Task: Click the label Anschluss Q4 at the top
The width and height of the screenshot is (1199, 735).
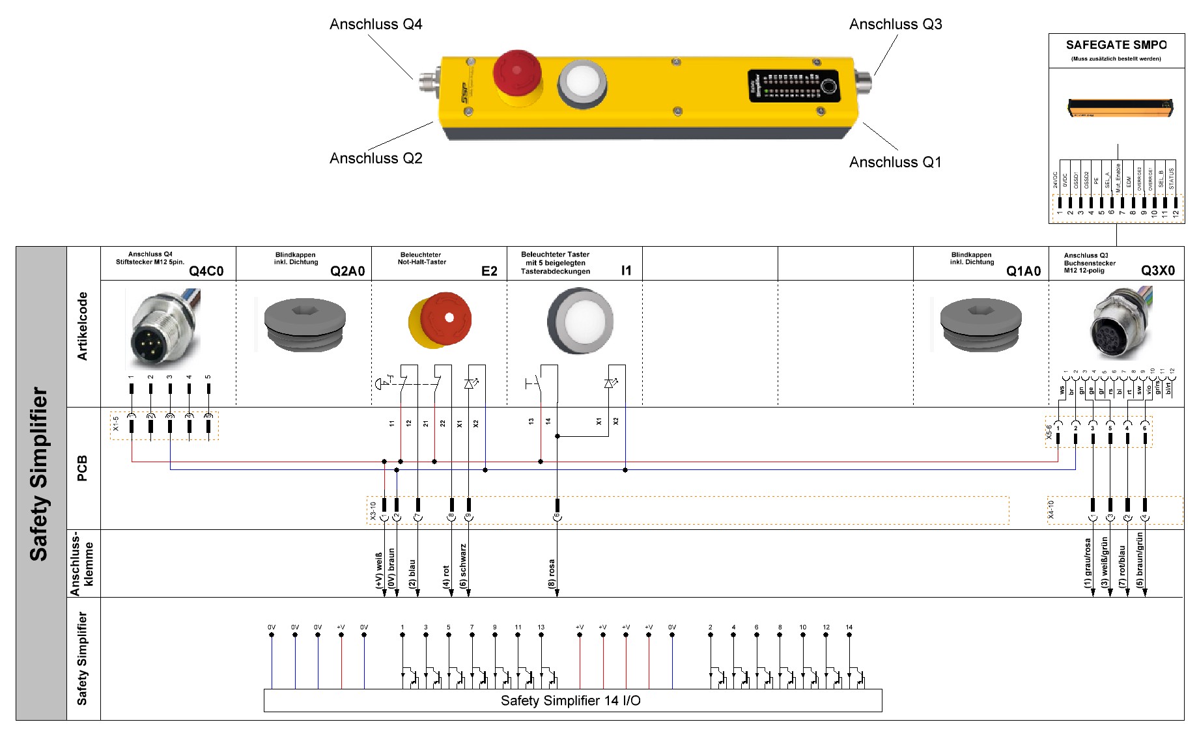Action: click(376, 25)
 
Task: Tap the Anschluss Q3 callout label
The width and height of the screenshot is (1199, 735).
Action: click(896, 25)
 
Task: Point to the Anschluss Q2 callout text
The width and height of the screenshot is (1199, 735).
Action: click(376, 159)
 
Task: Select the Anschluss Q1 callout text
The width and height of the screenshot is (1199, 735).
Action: click(895, 163)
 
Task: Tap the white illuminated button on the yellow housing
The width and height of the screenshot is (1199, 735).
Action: click(582, 82)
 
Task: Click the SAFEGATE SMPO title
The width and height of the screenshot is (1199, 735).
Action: click(1116, 45)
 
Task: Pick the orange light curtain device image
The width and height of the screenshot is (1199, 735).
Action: click(1120, 107)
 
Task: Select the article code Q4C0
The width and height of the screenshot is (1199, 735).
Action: click(206, 271)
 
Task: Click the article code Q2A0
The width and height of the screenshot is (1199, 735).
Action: click(347, 271)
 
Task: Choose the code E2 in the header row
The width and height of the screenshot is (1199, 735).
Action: click(489, 271)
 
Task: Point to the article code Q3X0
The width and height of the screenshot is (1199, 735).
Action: click(1157, 271)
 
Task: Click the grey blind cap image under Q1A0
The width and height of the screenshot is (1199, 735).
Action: click(980, 324)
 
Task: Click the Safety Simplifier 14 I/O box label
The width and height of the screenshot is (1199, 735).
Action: click(571, 700)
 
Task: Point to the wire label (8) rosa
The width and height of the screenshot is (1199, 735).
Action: click(552, 574)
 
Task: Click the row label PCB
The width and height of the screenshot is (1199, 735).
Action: click(82, 468)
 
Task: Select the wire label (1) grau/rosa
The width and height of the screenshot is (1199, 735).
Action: click(1087, 563)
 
